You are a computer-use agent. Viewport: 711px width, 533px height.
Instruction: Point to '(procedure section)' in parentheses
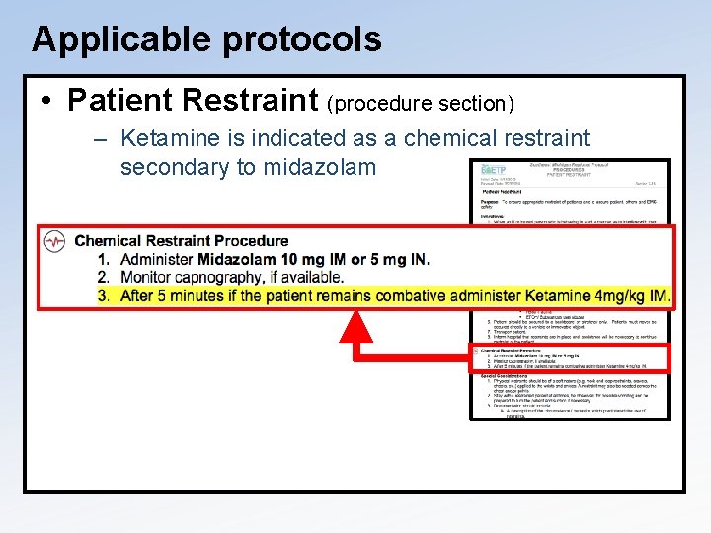pyautogui.click(x=421, y=103)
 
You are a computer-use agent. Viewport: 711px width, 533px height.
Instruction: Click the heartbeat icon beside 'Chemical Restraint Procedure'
pyautogui.click(x=54, y=241)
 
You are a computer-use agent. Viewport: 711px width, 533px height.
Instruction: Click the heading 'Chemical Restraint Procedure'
pyautogui.click(x=182, y=241)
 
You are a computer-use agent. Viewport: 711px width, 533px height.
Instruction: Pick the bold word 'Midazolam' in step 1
pyautogui.click(x=237, y=260)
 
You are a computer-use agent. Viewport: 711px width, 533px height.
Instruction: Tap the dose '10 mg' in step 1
pyautogui.click(x=305, y=260)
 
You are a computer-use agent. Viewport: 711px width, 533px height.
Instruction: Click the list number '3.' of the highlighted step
pyautogui.click(x=104, y=296)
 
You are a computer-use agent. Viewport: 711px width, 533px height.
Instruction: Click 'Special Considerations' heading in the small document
pyautogui.click(x=506, y=375)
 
